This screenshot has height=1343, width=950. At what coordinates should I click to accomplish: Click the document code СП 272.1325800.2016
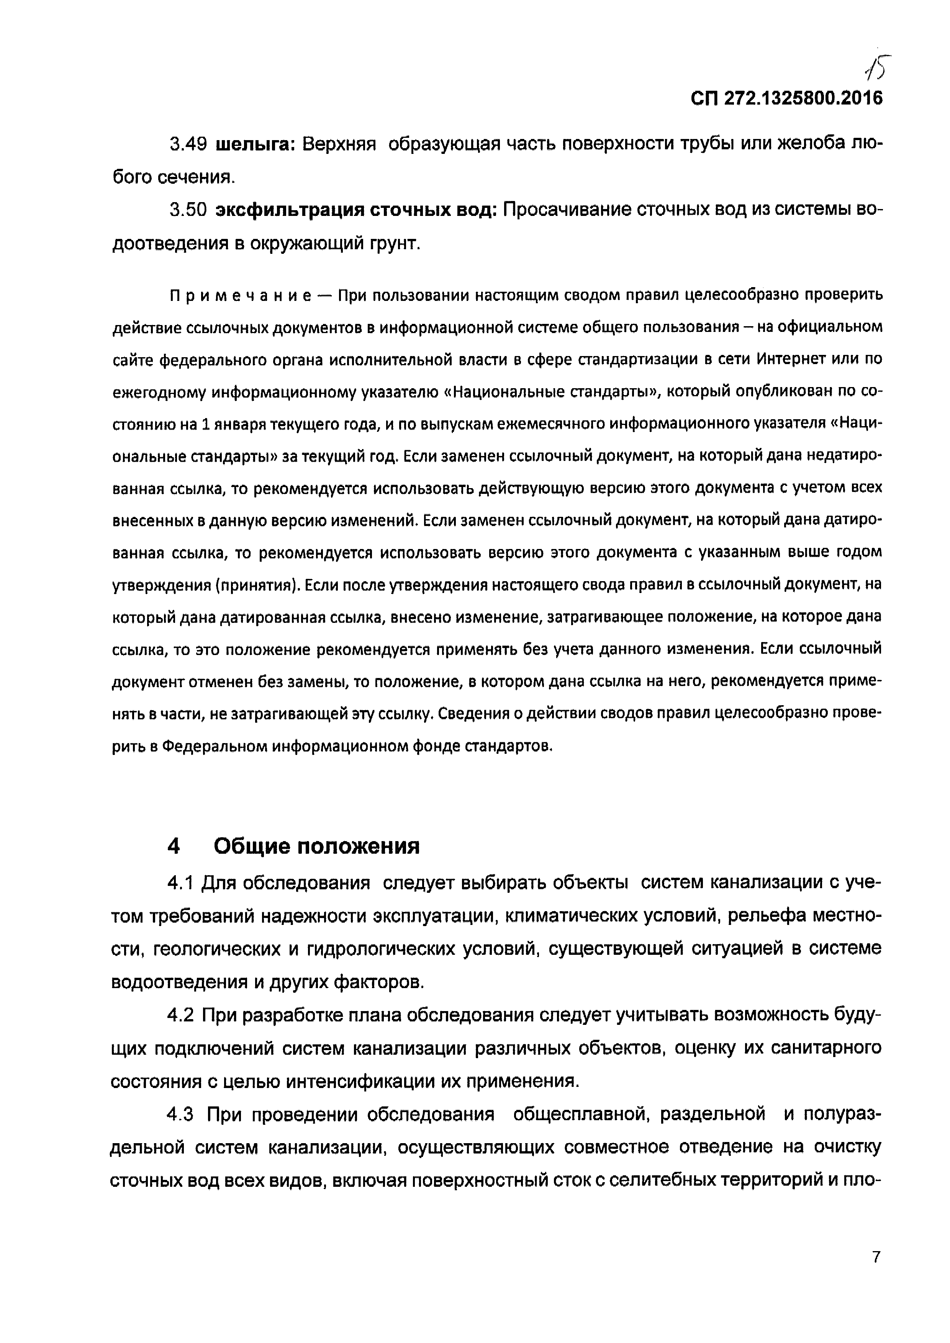pyautogui.click(x=786, y=98)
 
